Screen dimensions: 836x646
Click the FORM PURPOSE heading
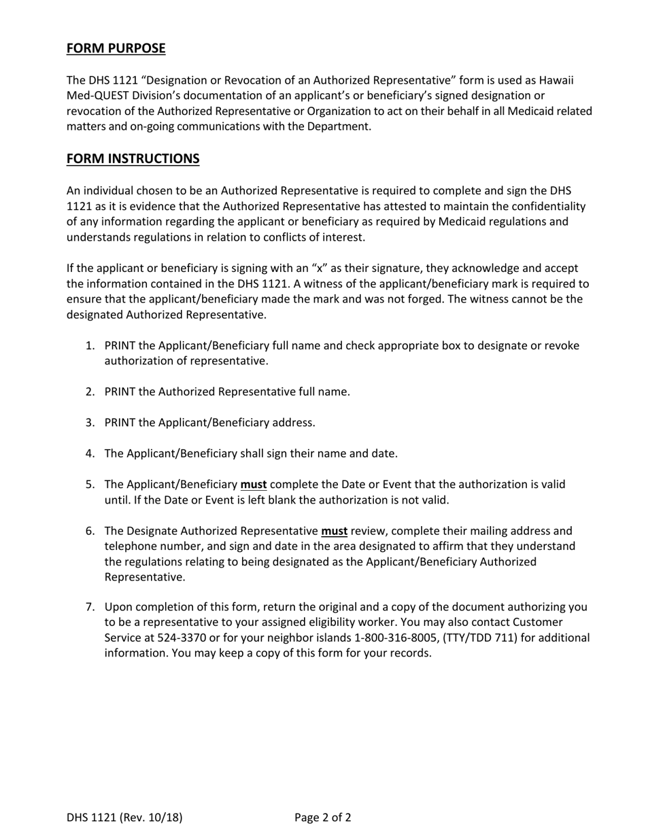[x=116, y=48]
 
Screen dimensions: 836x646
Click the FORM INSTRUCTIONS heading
[x=133, y=158]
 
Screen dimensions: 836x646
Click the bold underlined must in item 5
[x=254, y=485]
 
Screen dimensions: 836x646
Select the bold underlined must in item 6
[x=334, y=531]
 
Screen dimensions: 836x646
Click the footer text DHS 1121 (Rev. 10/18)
[x=124, y=817]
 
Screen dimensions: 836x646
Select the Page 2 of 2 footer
[x=323, y=817]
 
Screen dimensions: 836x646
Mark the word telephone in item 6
[x=129, y=546]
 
